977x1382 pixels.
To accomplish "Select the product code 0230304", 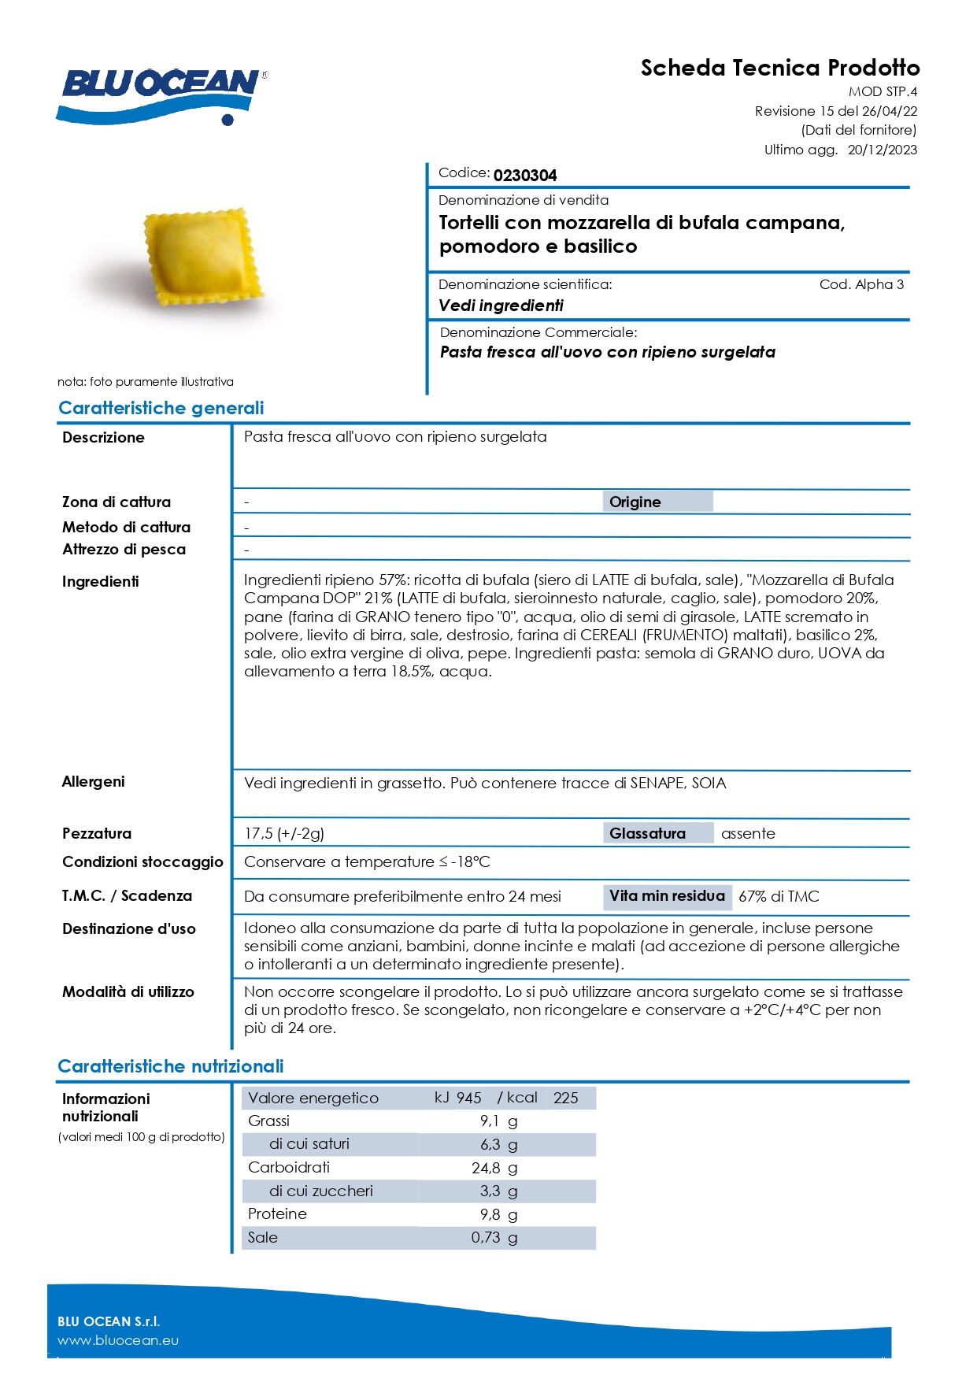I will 525,175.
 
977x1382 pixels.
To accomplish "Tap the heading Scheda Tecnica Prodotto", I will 779,68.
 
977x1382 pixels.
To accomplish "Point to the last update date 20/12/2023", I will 882,150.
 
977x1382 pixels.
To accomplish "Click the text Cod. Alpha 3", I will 861,284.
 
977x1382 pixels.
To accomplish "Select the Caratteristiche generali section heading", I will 161,408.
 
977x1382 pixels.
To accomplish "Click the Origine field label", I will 635,502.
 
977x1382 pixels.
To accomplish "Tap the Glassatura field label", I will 647,833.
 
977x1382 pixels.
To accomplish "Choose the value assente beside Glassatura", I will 748,833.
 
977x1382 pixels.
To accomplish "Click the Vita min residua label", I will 667,895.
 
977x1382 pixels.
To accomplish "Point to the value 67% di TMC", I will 779,896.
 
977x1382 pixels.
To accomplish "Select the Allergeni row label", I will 94,781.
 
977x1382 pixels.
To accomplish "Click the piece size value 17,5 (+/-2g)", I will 284,833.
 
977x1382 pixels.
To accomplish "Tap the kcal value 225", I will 565,1098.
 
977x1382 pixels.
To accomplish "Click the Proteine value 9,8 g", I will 498,1214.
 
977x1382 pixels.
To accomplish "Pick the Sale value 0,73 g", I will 494,1237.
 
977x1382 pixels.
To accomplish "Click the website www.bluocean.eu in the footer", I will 118,1340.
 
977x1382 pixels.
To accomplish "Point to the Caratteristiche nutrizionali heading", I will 171,1066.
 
